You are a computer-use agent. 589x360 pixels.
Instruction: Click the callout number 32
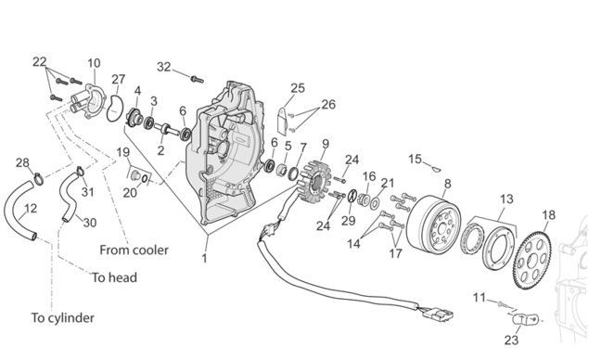point(164,67)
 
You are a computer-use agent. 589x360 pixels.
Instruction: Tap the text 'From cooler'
point(134,250)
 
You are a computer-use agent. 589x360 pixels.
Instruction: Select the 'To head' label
point(115,277)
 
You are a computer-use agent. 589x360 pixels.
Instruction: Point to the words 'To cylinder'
point(63,317)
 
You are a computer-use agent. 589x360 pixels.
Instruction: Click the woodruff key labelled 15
point(436,169)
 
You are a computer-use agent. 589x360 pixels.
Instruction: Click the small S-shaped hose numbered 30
point(69,196)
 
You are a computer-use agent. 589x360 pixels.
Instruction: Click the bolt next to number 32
point(198,79)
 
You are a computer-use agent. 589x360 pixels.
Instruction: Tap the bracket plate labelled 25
point(283,121)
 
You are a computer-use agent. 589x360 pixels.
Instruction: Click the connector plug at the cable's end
point(438,314)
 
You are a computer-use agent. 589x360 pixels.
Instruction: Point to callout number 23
point(511,341)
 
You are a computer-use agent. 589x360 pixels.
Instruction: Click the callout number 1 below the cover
point(204,259)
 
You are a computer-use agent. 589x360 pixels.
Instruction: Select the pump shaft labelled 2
point(167,130)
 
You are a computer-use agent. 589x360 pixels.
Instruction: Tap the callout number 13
point(506,199)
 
